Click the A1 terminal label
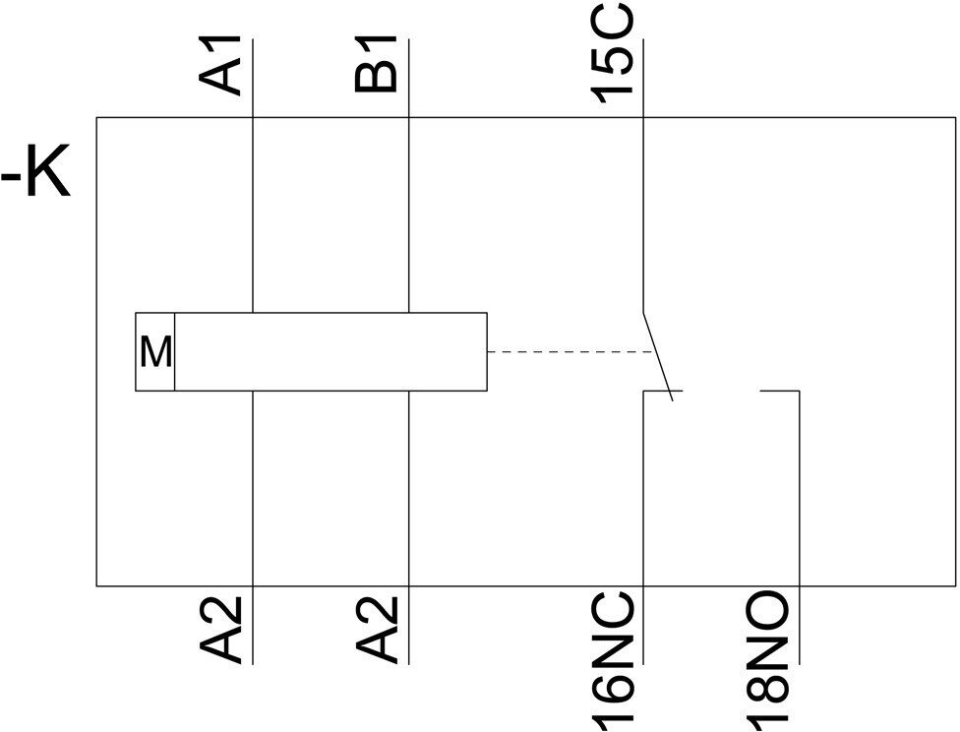[219, 66]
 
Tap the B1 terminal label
[376, 64]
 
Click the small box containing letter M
[154, 351]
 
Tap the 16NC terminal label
[611, 661]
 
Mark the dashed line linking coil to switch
[570, 352]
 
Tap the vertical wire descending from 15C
[643, 175]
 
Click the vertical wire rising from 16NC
[643, 526]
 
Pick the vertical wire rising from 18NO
[800, 526]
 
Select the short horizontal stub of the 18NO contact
[780, 391]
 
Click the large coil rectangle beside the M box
[331, 351]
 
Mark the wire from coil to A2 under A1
[253, 527]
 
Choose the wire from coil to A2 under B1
[409, 527]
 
